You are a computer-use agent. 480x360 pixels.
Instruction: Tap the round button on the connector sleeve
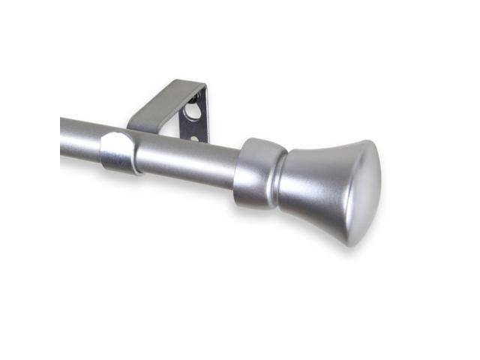pyautogui.click(x=112, y=151)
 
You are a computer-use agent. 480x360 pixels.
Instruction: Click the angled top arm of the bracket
pyautogui.click(x=161, y=105)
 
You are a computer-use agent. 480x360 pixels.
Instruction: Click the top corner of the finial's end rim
pyautogui.click(x=369, y=142)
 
